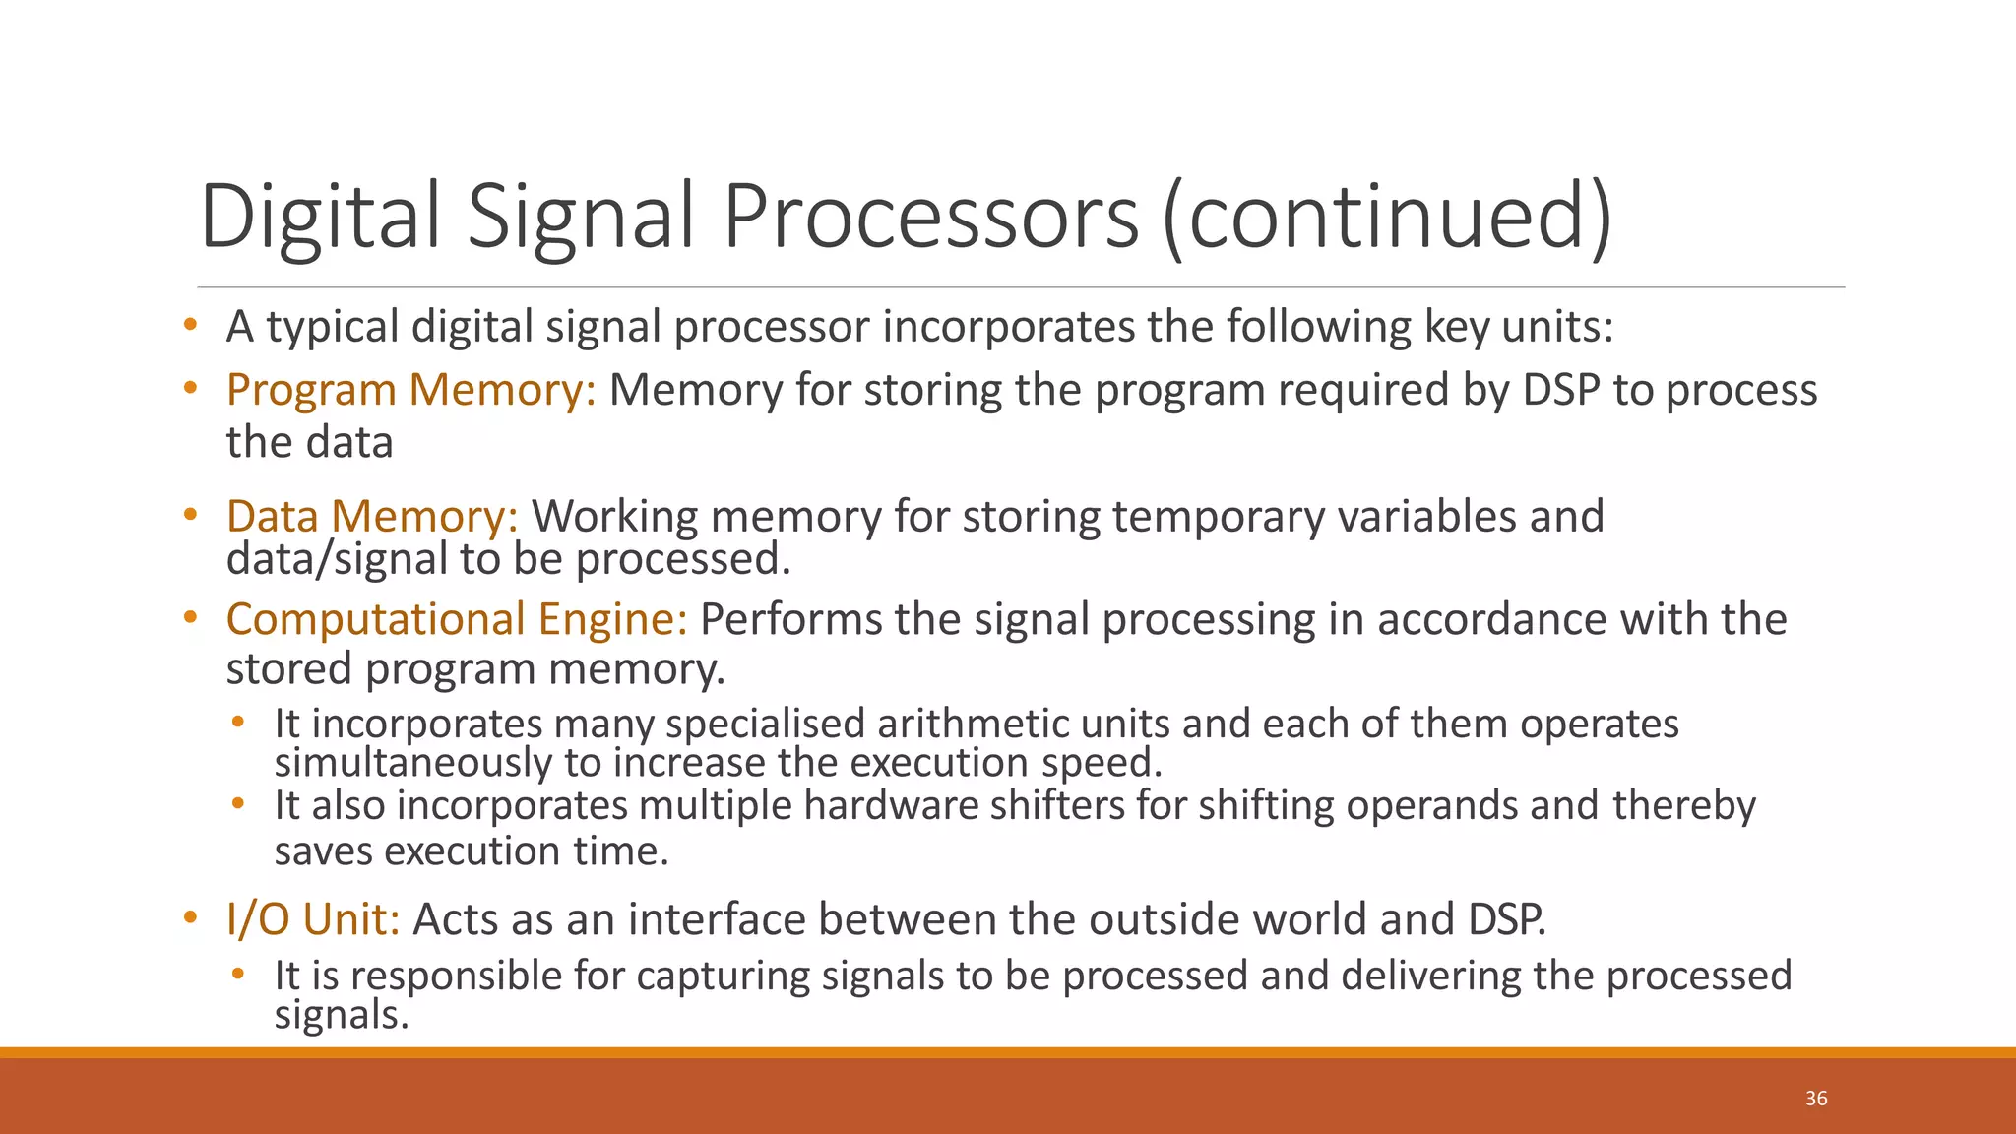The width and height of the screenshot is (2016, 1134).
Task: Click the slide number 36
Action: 1816,1099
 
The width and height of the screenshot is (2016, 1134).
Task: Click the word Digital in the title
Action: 320,216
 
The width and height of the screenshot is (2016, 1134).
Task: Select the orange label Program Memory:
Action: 410,390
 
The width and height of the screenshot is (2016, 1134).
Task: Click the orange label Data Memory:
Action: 372,516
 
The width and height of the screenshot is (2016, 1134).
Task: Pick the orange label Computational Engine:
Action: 457,619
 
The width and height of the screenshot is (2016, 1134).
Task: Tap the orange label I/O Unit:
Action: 313,919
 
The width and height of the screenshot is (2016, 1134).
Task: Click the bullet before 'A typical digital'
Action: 190,325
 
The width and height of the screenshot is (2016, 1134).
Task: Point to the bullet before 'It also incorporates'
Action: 238,804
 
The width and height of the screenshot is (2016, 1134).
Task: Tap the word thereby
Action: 1684,805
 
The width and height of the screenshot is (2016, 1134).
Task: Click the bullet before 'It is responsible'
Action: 238,975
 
